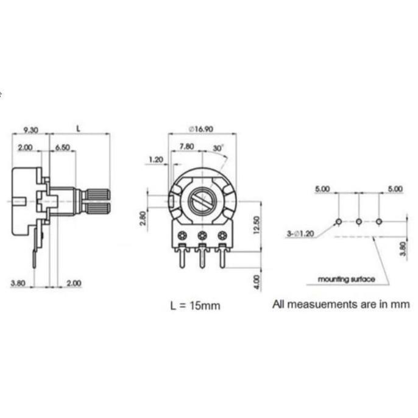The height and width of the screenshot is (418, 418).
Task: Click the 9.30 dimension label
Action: click(x=30, y=129)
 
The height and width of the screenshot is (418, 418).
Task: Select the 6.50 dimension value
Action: click(x=62, y=148)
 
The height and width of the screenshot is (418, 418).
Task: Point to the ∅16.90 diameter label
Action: click(x=204, y=129)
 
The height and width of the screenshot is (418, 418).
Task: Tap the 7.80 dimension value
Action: click(x=187, y=147)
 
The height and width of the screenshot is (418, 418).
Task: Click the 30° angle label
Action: click(x=218, y=148)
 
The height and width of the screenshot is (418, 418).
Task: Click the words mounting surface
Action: click(x=346, y=279)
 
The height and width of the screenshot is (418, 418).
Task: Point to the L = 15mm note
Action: click(x=195, y=305)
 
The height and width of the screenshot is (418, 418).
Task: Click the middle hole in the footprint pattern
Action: click(x=359, y=221)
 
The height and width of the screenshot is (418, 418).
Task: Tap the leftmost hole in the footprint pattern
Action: click(x=339, y=221)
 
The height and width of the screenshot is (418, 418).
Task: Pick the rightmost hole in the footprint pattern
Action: click(x=380, y=221)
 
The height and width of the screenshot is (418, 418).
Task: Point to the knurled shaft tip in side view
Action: click(x=98, y=200)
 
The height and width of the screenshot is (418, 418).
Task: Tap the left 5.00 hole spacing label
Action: click(x=322, y=190)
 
